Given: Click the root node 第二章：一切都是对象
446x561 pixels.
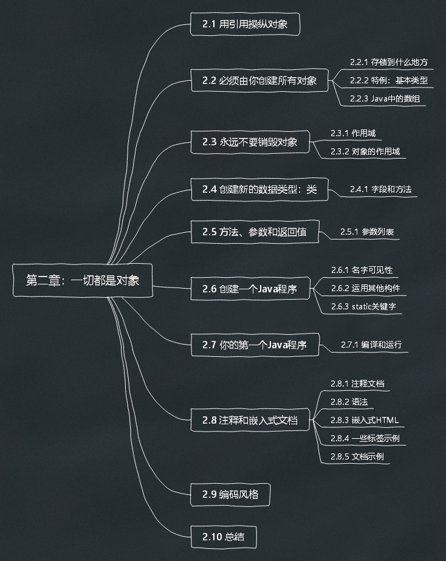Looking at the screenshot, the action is click(x=83, y=280).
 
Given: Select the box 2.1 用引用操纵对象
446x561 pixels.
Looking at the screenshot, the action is click(x=246, y=25).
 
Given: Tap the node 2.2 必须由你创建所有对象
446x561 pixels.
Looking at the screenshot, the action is click(x=259, y=80).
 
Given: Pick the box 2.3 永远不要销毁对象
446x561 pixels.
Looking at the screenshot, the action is click(x=250, y=142).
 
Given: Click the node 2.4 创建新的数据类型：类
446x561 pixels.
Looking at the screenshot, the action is click(x=259, y=190).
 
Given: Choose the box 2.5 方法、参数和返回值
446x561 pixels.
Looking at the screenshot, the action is click(x=254, y=232).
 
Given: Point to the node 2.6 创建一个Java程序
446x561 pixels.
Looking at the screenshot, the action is click(x=250, y=289).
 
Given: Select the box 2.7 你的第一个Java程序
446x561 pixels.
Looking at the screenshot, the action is click(x=254, y=345).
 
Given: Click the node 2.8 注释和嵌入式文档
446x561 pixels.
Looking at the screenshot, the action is click(x=250, y=419).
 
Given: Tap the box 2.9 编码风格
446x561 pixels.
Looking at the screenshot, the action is click(x=230, y=494).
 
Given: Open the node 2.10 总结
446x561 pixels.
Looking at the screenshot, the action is click(x=223, y=537).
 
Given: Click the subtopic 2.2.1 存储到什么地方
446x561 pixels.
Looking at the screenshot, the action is click(x=389, y=62).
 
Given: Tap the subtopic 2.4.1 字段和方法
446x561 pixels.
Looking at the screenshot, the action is click(x=380, y=190).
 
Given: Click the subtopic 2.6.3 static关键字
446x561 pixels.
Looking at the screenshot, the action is click(x=363, y=306).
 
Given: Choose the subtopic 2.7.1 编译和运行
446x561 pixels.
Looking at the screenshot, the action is click(x=371, y=345).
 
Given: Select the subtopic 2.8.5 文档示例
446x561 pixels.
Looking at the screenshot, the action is click(x=357, y=456).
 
